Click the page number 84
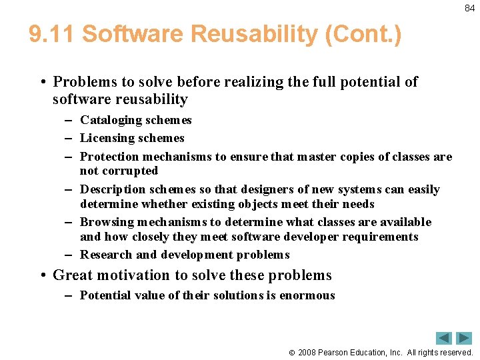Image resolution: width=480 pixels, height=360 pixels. point(469,9)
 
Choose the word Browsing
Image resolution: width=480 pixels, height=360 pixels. point(107,222)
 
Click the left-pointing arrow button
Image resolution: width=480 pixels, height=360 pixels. point(444,338)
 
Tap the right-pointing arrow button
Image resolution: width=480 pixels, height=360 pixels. point(465,338)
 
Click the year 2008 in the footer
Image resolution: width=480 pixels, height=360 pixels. point(309,353)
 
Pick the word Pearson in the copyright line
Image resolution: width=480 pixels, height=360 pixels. point(338,353)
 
